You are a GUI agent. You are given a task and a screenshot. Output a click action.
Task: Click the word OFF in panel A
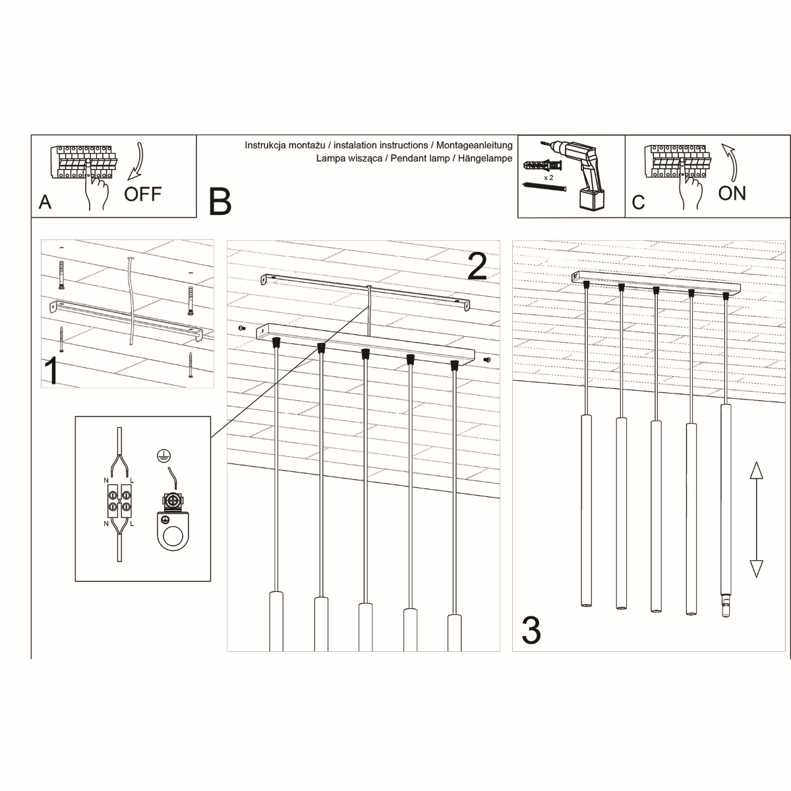coord(142,194)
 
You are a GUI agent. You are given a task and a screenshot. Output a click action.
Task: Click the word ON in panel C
coord(732,193)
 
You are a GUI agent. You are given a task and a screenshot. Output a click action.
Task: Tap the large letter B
coord(220,202)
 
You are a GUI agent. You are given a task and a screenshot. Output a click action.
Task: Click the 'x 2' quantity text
coord(548,178)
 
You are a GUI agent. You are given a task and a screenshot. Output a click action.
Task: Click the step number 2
coord(477,266)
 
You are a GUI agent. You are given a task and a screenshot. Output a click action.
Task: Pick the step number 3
coord(531,630)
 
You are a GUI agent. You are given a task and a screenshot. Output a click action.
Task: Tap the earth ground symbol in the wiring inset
coord(160,455)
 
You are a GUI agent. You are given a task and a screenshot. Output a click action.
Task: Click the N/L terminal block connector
coord(119,506)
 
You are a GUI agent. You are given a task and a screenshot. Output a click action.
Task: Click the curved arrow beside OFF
coord(136,161)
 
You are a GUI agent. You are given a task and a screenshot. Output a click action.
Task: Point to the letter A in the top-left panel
coord(45,202)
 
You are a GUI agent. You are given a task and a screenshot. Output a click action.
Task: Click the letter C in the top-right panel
coord(637,202)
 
